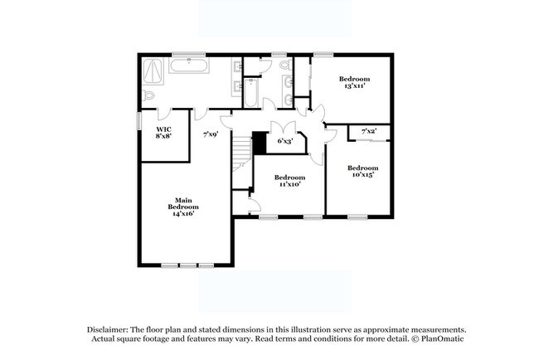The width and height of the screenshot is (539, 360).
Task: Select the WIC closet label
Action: [x=163, y=130]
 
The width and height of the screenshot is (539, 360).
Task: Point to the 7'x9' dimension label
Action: [x=211, y=134]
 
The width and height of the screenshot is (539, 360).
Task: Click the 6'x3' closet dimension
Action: [x=284, y=142]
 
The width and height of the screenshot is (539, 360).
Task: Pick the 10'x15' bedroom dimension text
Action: [x=362, y=174]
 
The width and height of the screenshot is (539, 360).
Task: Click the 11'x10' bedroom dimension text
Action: [x=289, y=184]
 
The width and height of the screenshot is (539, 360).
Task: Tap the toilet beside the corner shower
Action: [x=148, y=97]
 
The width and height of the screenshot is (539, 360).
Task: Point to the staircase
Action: [x=241, y=154]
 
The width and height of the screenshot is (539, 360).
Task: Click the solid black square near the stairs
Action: [x=260, y=144]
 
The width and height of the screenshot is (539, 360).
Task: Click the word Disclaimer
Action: [x=106, y=329]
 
